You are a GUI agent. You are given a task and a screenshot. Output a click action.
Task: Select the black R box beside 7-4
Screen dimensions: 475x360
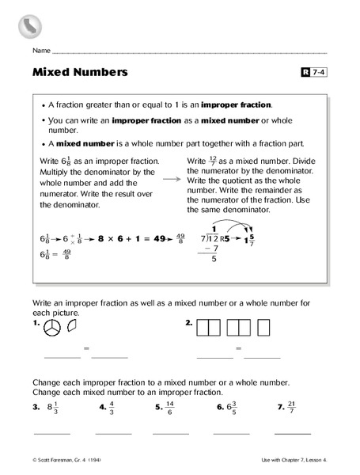(x=306, y=73)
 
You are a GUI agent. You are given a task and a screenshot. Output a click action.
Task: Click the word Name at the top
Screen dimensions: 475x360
(x=41, y=51)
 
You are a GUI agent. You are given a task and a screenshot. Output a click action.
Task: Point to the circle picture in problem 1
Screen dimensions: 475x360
(x=53, y=326)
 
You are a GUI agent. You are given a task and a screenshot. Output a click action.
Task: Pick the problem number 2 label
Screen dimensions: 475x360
(x=188, y=323)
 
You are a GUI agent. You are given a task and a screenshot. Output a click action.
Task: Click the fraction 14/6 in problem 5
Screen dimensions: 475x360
(x=170, y=408)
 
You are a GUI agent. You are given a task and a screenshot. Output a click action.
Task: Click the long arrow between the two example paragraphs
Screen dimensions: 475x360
(x=170, y=180)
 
